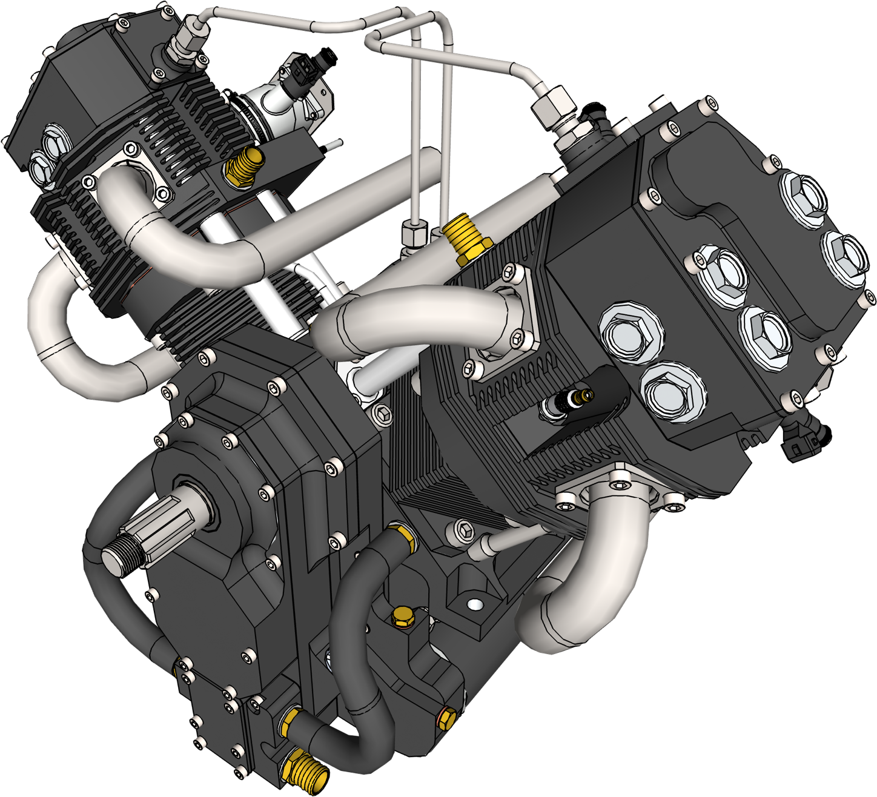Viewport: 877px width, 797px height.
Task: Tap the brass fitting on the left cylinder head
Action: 244,166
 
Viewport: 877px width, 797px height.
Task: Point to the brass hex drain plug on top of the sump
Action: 401,617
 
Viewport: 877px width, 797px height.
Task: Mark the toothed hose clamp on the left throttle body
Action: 248,114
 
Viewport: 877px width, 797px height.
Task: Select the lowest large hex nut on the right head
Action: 671,391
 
